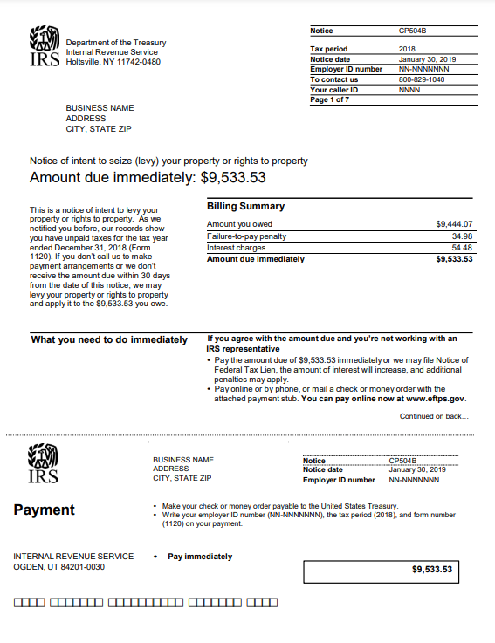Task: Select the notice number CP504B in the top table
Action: pyautogui.click(x=412, y=31)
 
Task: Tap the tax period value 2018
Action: pyautogui.click(x=407, y=49)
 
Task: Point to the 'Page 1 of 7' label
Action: pyautogui.click(x=331, y=99)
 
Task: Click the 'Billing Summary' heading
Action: pyautogui.click(x=245, y=207)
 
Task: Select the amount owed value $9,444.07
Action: pyautogui.click(x=454, y=224)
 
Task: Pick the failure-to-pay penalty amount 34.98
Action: pyautogui.click(x=462, y=236)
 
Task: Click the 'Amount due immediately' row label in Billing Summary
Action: pyautogui.click(x=256, y=258)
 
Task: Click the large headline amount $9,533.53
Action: pyautogui.click(x=233, y=178)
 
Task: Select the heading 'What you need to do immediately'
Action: pyautogui.click(x=109, y=339)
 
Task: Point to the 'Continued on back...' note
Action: pyautogui.click(x=434, y=416)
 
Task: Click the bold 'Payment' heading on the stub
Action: pyautogui.click(x=45, y=510)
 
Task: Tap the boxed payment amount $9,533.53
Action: pyautogui.click(x=432, y=570)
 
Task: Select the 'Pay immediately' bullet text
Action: pyautogui.click(x=200, y=556)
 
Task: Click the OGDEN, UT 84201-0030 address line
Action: pyautogui.click(x=58, y=566)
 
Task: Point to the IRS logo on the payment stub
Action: pyautogui.click(x=45, y=464)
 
